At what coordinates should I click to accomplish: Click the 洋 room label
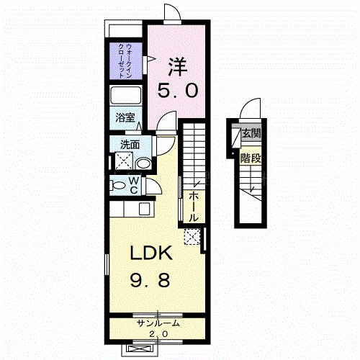tap(178, 66)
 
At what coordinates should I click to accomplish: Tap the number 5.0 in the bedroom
tap(178, 91)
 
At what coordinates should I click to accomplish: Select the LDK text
tap(151, 253)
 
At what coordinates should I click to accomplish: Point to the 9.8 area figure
tap(150, 280)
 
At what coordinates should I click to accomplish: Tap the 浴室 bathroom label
tap(125, 117)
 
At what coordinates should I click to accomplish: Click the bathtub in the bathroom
tap(125, 95)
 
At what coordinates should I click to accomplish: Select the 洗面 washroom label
tap(130, 145)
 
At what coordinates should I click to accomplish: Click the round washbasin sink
tap(143, 164)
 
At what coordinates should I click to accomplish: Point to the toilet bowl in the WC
tap(117, 185)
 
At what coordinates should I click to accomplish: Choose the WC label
tap(134, 185)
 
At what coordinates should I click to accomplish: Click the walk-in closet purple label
tap(125, 60)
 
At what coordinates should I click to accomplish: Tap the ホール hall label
tap(194, 207)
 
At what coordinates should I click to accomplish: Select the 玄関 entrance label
tap(251, 132)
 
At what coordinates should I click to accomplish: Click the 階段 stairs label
tap(251, 158)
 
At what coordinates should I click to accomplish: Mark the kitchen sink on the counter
tap(145, 209)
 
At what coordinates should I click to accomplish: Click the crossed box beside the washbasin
tap(124, 161)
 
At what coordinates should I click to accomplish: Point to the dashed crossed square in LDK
tap(192, 237)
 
